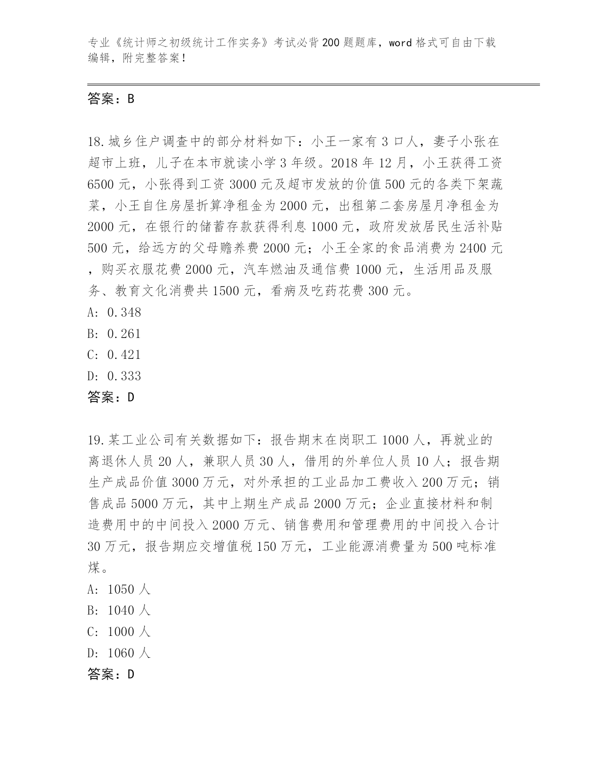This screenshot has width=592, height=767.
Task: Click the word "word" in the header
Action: click(400, 43)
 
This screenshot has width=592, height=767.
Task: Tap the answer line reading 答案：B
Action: click(111, 99)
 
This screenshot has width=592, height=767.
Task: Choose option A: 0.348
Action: click(114, 312)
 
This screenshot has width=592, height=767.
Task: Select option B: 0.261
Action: click(114, 334)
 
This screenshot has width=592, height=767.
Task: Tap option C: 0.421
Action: click(114, 355)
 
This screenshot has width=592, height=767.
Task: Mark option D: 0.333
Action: click(114, 376)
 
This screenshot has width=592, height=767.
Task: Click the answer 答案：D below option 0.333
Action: click(111, 397)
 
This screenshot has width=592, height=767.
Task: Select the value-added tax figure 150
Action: click(267, 546)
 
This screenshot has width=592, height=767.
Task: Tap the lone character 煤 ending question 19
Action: click(94, 568)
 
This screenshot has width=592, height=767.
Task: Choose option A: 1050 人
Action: click(119, 589)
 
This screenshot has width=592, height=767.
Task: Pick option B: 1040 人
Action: click(119, 610)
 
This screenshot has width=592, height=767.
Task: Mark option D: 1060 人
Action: click(119, 653)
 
